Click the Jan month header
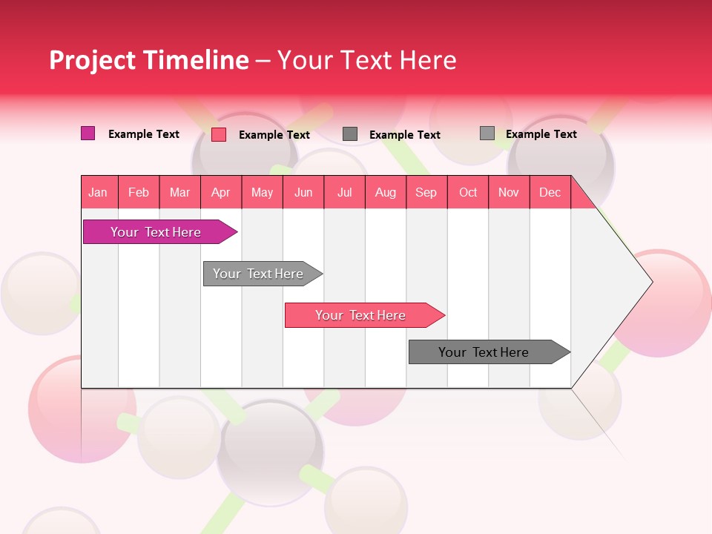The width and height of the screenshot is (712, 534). [x=98, y=192]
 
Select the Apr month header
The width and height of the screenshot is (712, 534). [x=221, y=192]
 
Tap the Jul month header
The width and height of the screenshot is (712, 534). [x=344, y=192]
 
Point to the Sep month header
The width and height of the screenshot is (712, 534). [x=426, y=192]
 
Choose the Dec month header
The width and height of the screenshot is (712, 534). [x=550, y=192]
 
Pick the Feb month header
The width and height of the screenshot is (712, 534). [x=139, y=192]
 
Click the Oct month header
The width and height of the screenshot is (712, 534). [x=468, y=192]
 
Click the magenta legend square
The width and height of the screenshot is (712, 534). [x=88, y=133]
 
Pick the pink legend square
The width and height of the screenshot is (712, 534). [x=219, y=134]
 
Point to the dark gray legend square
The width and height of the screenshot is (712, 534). [x=350, y=133]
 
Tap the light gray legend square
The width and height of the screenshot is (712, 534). [x=487, y=133]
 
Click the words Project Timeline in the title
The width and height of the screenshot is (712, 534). [x=148, y=60]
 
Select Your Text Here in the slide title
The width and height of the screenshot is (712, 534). [x=366, y=60]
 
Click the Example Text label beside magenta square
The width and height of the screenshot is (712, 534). [x=144, y=134]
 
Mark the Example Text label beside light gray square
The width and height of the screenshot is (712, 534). [x=541, y=134]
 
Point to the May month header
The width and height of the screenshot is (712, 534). [x=262, y=192]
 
